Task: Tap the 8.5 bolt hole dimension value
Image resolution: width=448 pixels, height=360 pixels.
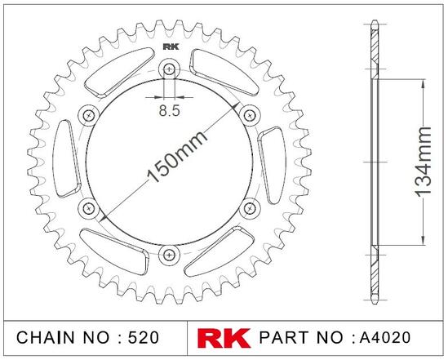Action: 170,110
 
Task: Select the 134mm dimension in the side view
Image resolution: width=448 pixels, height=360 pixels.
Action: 423,162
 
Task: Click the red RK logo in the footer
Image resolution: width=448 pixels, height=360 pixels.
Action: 224,338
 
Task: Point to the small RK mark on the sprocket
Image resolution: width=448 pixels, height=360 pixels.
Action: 171,47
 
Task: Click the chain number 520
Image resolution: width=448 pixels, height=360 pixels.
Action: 143,337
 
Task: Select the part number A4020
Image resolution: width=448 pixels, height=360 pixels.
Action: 385,337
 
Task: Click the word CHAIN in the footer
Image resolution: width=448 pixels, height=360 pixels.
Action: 46,337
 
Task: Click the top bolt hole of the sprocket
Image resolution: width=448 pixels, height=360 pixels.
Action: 170,69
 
